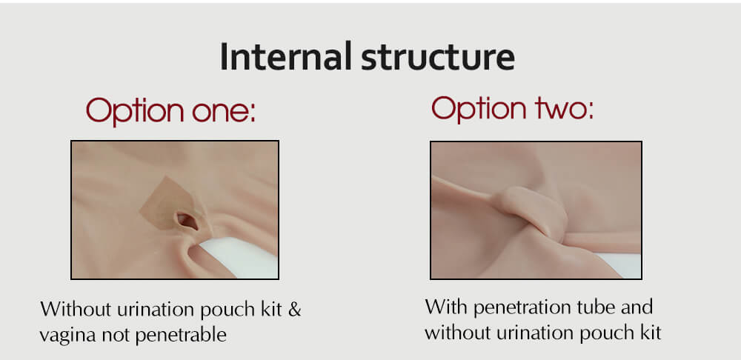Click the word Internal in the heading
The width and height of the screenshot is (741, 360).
click(285, 56)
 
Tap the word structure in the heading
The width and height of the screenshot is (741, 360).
click(438, 58)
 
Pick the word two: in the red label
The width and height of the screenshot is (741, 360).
click(562, 109)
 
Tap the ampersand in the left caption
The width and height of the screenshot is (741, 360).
click(294, 309)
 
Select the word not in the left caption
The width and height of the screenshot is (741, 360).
click(120, 335)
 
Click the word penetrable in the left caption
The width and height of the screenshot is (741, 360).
click(181, 335)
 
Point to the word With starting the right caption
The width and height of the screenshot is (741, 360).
click(446, 307)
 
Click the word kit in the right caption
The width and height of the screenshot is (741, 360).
click(649, 333)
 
